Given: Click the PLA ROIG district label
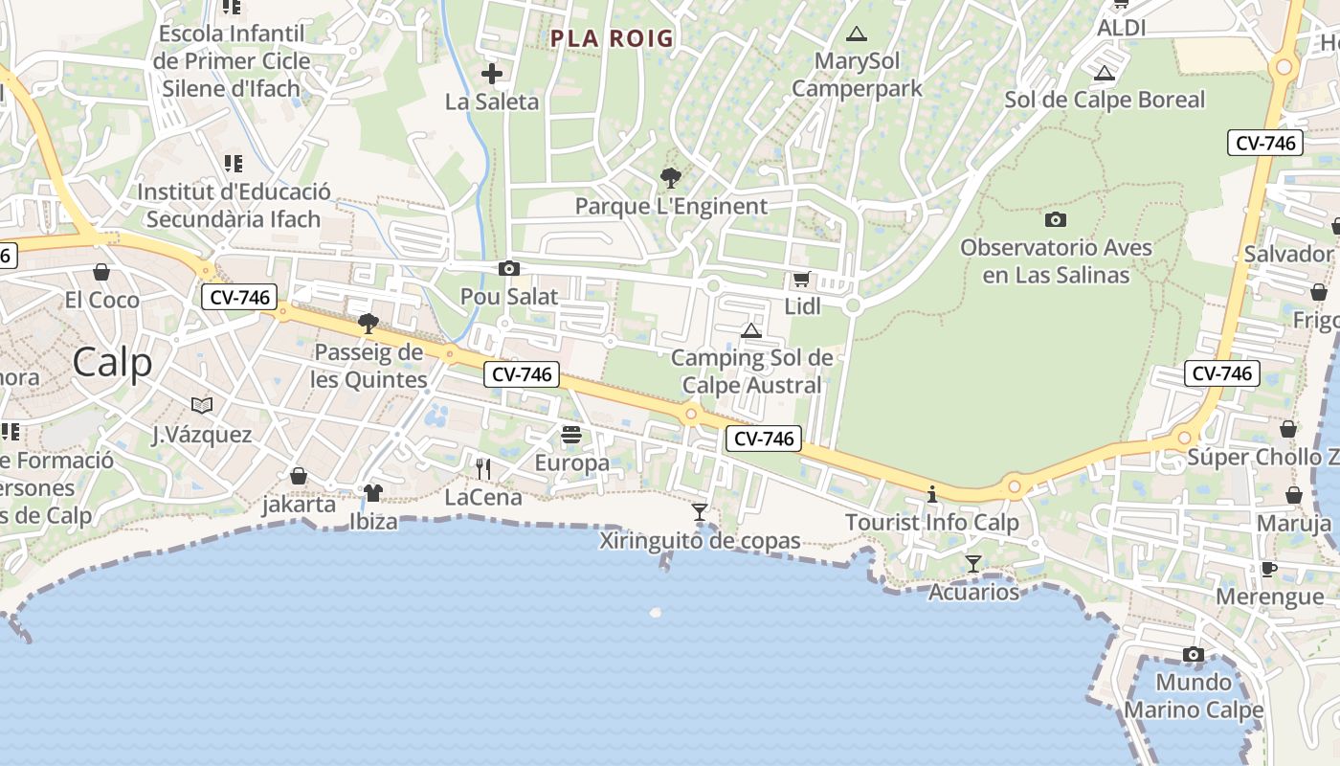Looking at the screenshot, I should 612,39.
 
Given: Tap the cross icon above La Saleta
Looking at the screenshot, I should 492,74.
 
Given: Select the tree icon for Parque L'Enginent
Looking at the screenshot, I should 671,177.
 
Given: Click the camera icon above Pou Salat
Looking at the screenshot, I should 509,268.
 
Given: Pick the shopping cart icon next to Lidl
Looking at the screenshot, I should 801,280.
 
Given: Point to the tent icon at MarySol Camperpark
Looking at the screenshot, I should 857,34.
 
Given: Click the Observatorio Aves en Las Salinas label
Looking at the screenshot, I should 1056,261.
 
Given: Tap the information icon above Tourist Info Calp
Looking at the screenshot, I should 932,495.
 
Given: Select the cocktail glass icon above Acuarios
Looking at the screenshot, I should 973,564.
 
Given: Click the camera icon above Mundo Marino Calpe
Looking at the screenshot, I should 1193,655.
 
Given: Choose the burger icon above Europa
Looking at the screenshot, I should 571,435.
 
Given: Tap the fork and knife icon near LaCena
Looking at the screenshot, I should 483,468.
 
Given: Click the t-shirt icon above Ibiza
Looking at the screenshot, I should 373,493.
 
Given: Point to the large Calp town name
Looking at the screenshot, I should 112,363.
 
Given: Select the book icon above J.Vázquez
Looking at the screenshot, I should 201,406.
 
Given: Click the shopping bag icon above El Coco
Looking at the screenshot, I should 101,272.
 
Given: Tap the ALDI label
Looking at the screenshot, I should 1121,28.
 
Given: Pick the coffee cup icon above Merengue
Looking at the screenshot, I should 1269,569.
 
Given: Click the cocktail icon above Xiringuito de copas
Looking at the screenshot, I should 700,512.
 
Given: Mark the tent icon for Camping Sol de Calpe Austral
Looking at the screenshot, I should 751,330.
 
